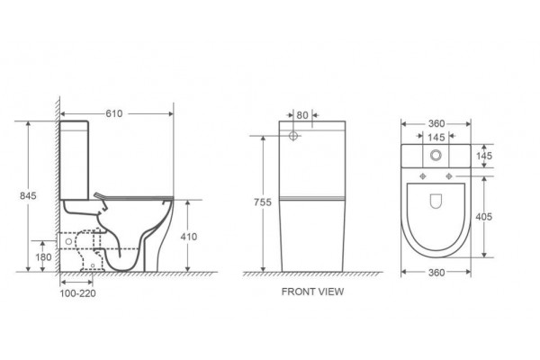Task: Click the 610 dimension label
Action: [114, 113]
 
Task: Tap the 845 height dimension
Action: [28, 195]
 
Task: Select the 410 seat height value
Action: [189, 237]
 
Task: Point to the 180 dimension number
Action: [43, 257]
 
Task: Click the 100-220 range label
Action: [77, 293]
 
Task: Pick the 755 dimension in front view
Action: [263, 202]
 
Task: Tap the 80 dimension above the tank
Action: [302, 115]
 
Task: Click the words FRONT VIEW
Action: [312, 292]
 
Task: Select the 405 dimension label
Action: [484, 217]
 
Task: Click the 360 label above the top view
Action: [436, 123]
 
